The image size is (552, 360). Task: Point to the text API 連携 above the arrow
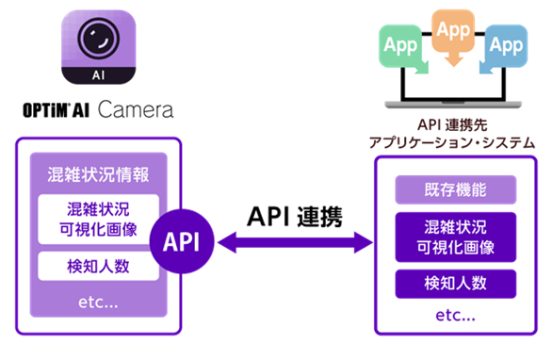point(294,215)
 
